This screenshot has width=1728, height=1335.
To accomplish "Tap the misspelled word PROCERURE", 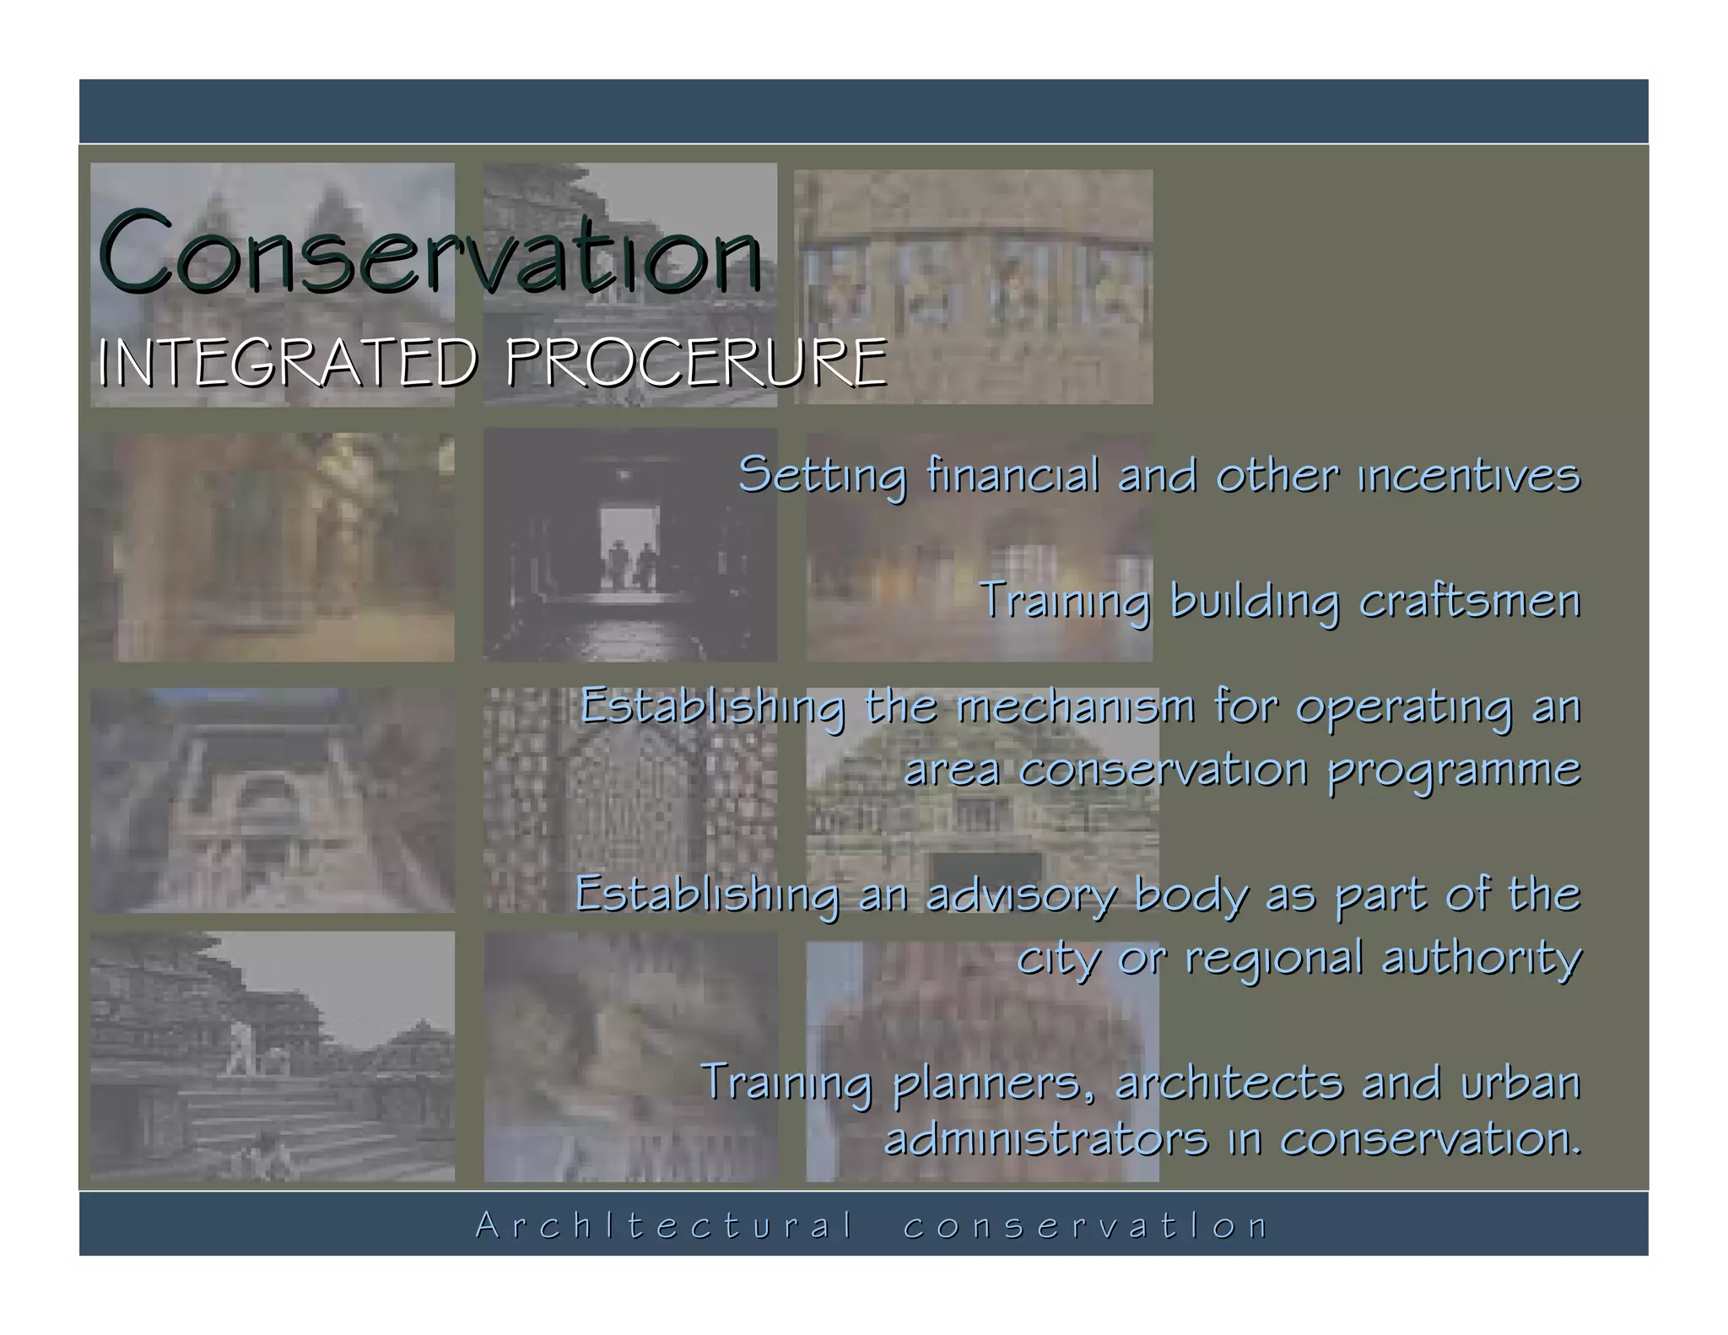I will pyautogui.click(x=696, y=363).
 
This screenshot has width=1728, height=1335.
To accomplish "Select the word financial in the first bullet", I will pyautogui.click(x=1012, y=474).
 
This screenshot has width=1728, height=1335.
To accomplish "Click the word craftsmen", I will pyautogui.click(x=1469, y=601).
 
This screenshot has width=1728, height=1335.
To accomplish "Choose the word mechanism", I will pyautogui.click(x=1075, y=707).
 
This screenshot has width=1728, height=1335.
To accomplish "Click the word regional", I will pyautogui.click(x=1273, y=959).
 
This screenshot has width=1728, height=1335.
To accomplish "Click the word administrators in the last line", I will pyautogui.click(x=1046, y=1139).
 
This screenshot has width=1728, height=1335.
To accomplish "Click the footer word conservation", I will pyautogui.click(x=1085, y=1225).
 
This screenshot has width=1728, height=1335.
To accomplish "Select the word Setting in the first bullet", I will pyautogui.click(x=823, y=474).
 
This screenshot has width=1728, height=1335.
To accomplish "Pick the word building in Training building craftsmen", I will pyautogui.click(x=1254, y=601).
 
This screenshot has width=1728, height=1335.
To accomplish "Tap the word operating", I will pyautogui.click(x=1404, y=707).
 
